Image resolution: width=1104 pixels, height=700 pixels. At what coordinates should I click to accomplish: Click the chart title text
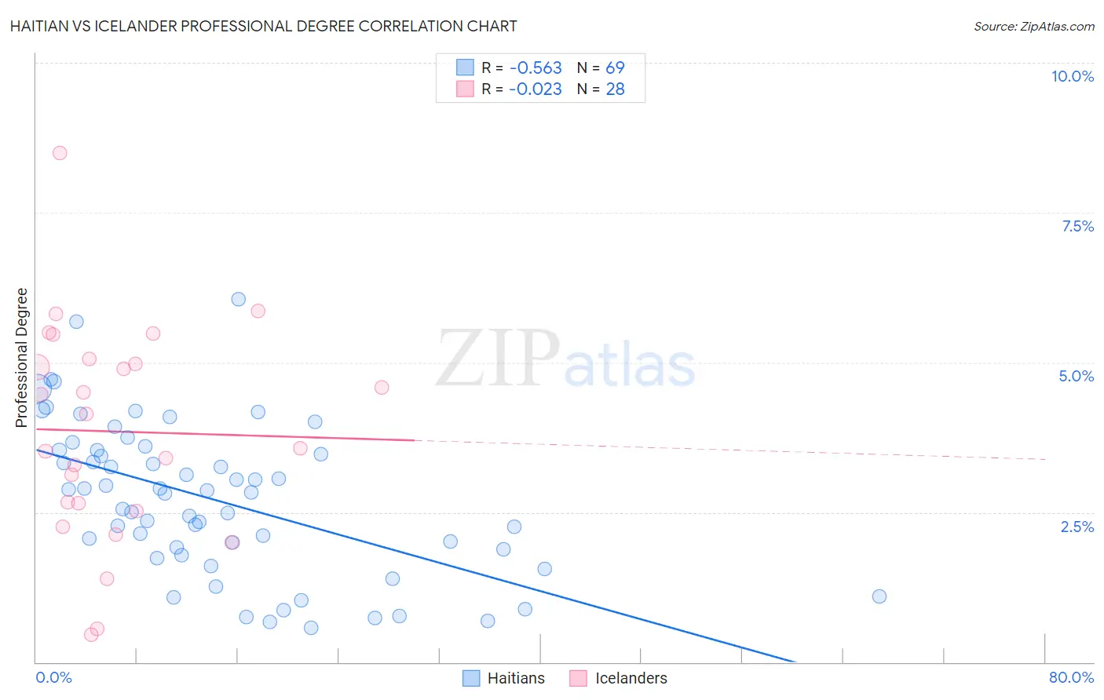(x=263, y=26)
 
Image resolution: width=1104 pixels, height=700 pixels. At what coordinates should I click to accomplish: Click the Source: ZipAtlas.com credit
(x=1033, y=26)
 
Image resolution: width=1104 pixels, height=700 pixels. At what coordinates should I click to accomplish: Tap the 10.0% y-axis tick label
(x=1072, y=76)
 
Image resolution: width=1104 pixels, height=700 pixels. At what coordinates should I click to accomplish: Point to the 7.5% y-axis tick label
(x=1077, y=226)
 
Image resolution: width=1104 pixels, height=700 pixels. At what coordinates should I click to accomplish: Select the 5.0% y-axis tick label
(x=1076, y=376)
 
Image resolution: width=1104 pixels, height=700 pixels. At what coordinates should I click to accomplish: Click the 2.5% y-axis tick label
(x=1077, y=527)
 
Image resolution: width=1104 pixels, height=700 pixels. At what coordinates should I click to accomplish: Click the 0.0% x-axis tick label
(x=54, y=677)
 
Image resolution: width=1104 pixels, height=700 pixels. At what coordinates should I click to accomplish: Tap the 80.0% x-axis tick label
(x=1071, y=677)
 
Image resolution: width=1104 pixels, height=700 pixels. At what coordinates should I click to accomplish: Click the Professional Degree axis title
(x=22, y=358)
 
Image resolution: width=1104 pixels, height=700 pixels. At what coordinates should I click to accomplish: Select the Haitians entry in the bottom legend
(x=515, y=678)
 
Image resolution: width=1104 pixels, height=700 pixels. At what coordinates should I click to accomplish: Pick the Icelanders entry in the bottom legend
(x=631, y=678)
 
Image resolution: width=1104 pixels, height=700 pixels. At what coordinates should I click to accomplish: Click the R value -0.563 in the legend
(x=536, y=68)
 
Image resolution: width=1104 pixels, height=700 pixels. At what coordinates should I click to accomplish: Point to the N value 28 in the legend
(x=615, y=89)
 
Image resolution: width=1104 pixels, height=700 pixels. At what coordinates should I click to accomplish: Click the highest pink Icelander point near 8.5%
(x=60, y=153)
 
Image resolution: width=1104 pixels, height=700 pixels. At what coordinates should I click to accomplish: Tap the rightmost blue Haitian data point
(x=879, y=596)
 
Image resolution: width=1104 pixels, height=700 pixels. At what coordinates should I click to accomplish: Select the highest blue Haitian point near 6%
(x=239, y=299)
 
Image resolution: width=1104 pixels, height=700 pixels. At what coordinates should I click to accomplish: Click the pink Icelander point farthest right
(x=382, y=387)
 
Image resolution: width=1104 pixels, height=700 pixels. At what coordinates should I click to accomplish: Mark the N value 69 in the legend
(x=615, y=68)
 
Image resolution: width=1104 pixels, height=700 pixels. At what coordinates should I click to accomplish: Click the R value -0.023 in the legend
(x=536, y=89)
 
